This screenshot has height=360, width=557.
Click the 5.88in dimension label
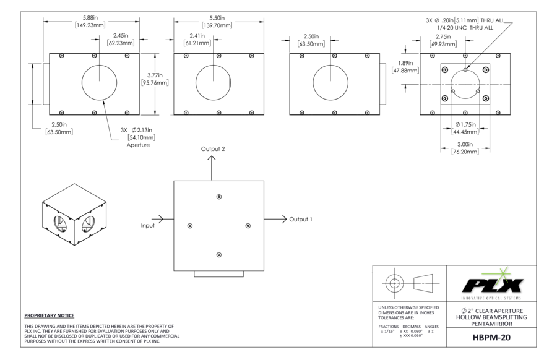point(90,17)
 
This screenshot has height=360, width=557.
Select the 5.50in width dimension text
point(217,18)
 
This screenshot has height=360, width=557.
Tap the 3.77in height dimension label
point(155,75)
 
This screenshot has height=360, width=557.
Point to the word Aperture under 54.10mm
point(138,145)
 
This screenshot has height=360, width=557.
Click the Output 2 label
point(213,148)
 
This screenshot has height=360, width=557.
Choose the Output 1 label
point(301,220)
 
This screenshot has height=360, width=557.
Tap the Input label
point(148,225)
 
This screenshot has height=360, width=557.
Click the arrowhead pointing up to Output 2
point(212,159)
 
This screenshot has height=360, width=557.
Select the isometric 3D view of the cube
point(74,215)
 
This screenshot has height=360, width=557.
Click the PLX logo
point(493,284)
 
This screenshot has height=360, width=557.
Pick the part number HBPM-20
point(491,337)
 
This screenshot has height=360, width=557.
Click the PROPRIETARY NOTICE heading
point(50,315)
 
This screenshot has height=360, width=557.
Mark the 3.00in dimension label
point(465,144)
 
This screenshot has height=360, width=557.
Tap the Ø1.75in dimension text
point(465,124)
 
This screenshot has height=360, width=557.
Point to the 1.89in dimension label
point(405,63)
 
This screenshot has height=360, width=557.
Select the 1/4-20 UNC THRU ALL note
point(465,27)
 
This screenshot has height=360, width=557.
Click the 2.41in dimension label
point(197,35)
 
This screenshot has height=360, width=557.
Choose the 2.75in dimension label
point(443,36)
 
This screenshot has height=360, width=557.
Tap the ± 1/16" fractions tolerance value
point(387,331)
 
